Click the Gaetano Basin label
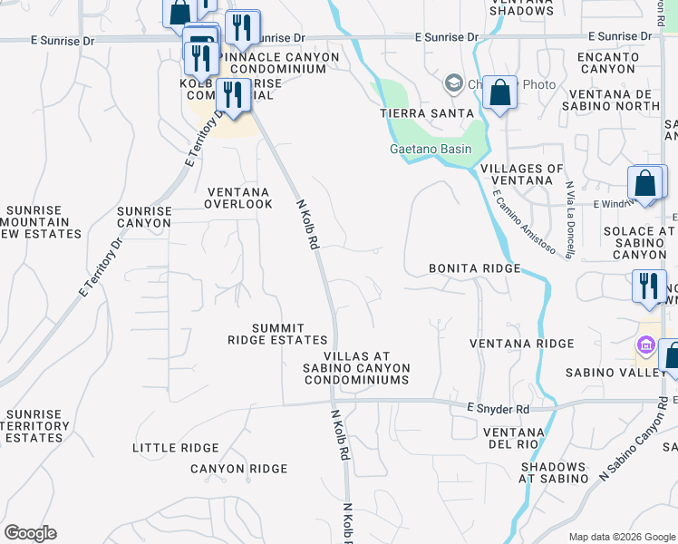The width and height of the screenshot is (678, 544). pyautogui.click(x=431, y=150)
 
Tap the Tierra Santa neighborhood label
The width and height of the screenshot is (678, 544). pyautogui.click(x=427, y=112)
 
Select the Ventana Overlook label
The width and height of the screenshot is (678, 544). pyautogui.click(x=239, y=198)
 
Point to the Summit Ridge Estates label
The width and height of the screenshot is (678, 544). pyautogui.click(x=265, y=334)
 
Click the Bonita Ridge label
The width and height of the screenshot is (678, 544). pyautogui.click(x=475, y=269)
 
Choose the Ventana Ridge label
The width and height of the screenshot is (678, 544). pyautogui.click(x=522, y=344)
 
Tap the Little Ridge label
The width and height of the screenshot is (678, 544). pyautogui.click(x=176, y=448)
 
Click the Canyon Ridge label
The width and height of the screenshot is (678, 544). pyautogui.click(x=238, y=469)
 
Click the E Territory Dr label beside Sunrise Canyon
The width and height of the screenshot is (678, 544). pyautogui.click(x=101, y=268)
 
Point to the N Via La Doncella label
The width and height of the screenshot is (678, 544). pyautogui.click(x=569, y=220)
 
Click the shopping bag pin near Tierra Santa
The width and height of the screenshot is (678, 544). pyautogui.click(x=499, y=92)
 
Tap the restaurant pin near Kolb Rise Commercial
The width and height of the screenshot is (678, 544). pyautogui.click(x=234, y=95)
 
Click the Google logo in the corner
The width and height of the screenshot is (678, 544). pyautogui.click(x=31, y=533)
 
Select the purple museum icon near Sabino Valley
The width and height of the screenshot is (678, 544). pyautogui.click(x=644, y=345)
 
